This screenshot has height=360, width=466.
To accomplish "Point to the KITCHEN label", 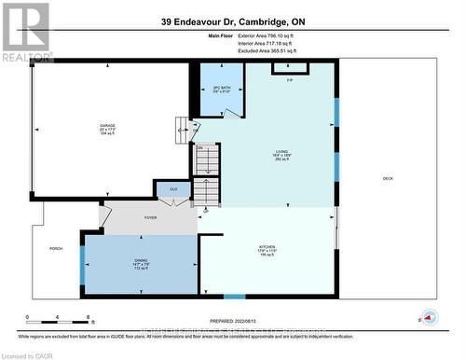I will (x=268, y=246).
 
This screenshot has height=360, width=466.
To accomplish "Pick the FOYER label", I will (x=150, y=217).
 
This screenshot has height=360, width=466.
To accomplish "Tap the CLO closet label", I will (x=173, y=189).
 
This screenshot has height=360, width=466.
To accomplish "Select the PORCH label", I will (x=56, y=249).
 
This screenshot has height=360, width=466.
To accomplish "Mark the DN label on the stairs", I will (x=199, y=148).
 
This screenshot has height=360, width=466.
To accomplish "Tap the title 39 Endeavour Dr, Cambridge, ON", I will (x=233, y=21).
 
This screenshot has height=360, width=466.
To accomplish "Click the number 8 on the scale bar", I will (x=88, y=319).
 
